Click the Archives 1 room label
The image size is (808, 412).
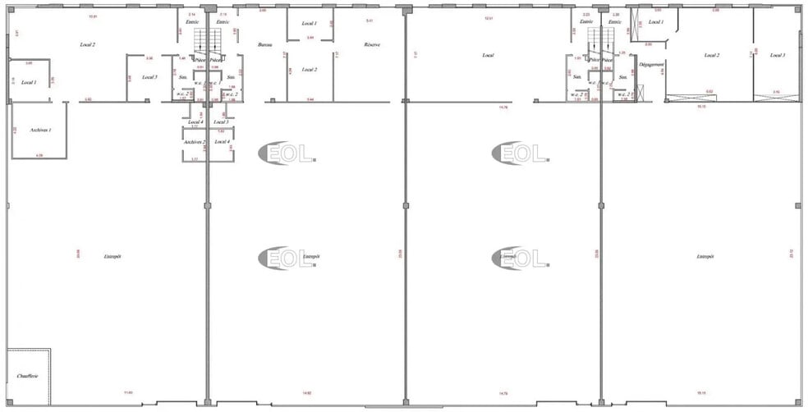pos(40,130)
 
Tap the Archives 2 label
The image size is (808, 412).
pos(195,141)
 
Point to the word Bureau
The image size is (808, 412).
pos(264,45)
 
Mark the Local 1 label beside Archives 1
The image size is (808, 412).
pos(30,82)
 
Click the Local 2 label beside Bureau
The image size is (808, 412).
pos(309,70)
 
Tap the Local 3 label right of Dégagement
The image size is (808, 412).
pos(778,55)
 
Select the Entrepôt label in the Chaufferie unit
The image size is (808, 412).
pos(112,256)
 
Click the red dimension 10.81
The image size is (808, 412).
pos(92,16)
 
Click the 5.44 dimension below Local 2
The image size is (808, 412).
pos(310,98)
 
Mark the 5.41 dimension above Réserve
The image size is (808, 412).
pos(370,20)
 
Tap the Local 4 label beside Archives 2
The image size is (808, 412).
pos(222,141)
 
